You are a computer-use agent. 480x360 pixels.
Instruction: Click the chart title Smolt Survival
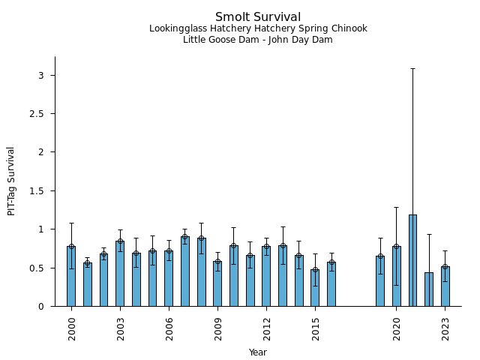click(x=257, y=17)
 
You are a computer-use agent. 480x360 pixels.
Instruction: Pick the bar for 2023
click(x=445, y=286)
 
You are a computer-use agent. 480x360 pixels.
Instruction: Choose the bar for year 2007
click(x=185, y=271)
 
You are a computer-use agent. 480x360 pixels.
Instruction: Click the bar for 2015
click(x=315, y=288)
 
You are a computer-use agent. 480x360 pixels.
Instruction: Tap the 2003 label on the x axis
click(x=120, y=329)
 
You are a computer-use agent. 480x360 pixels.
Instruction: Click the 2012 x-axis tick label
click(x=266, y=329)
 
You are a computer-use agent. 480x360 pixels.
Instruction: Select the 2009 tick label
click(x=217, y=329)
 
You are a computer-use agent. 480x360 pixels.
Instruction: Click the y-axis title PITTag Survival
click(x=11, y=181)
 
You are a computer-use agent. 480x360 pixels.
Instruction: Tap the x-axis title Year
click(x=257, y=352)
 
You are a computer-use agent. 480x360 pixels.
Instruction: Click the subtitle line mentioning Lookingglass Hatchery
click(x=257, y=29)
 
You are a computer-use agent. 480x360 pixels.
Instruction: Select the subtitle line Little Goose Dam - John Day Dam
click(x=257, y=40)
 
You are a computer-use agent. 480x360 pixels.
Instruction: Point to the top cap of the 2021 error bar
click(x=412, y=68)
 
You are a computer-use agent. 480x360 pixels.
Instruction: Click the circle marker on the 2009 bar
click(x=217, y=262)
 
